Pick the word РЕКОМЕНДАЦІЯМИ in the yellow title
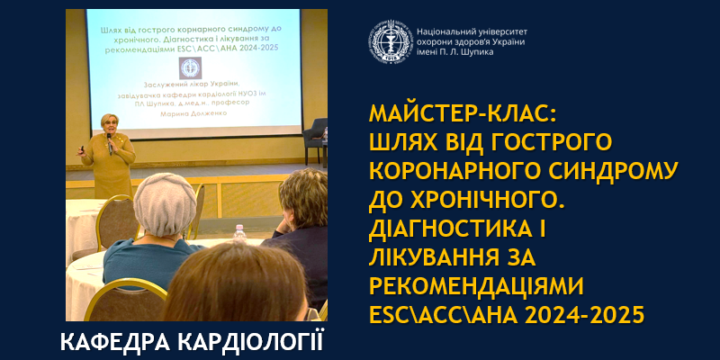tap(477, 285)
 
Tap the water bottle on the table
tap(239, 236)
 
